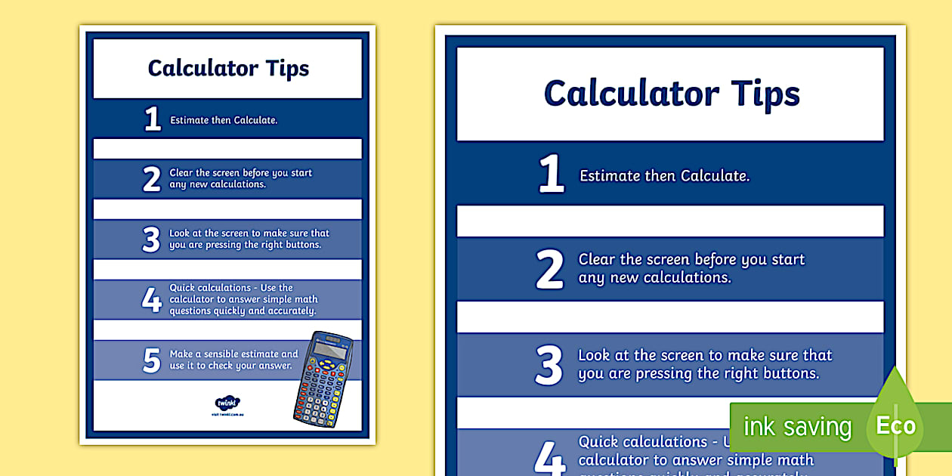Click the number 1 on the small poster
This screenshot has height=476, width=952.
153,119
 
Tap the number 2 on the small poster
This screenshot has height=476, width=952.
152,179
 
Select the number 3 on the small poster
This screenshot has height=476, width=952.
151,240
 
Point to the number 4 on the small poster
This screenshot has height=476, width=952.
152,300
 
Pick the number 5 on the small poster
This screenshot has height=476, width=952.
152,360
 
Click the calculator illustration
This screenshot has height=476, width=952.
323,379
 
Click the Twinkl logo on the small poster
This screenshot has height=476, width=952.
227,403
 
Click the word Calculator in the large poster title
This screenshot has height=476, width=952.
632,94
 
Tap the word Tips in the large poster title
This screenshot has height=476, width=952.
765,94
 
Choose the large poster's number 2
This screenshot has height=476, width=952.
550,270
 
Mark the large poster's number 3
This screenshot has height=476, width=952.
549,365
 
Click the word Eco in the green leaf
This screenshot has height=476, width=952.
895,425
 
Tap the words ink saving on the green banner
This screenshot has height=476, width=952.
797,427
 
